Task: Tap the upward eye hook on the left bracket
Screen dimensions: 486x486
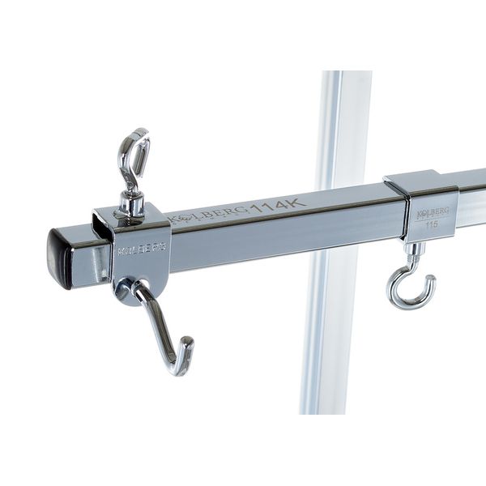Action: click(x=133, y=162)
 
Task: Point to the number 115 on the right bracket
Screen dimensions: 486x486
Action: click(x=431, y=224)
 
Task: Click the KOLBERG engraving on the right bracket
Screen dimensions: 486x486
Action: click(x=430, y=213)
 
